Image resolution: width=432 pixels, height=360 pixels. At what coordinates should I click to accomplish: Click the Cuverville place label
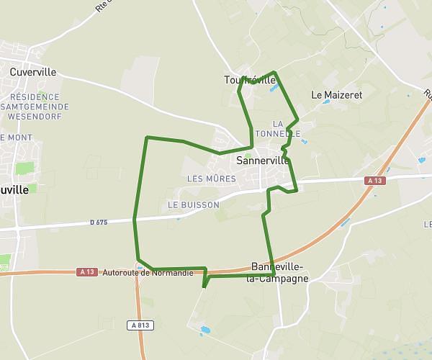point(33,72)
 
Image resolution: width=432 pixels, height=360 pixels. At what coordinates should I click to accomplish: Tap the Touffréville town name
point(250,80)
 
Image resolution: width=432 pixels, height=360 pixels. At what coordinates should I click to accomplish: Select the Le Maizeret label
point(336,94)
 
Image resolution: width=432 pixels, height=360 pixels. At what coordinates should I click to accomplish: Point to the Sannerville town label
point(263,161)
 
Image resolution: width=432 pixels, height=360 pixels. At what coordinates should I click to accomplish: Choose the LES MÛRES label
point(211,179)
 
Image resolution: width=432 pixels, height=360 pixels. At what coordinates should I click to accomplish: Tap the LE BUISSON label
point(193,205)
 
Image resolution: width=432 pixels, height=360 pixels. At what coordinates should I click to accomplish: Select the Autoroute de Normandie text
point(148,273)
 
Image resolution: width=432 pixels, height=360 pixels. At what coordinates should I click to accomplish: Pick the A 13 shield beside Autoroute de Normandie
point(87,271)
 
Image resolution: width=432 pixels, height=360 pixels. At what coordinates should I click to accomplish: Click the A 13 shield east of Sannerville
point(374,181)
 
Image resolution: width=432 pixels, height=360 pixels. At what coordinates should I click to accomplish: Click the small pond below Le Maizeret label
point(327,102)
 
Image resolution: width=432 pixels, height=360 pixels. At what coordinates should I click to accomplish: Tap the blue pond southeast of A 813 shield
point(206,330)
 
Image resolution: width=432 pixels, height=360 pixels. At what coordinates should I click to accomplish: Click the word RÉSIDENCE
point(35,96)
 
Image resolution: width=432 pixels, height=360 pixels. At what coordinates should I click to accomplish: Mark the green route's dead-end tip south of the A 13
point(204,287)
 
